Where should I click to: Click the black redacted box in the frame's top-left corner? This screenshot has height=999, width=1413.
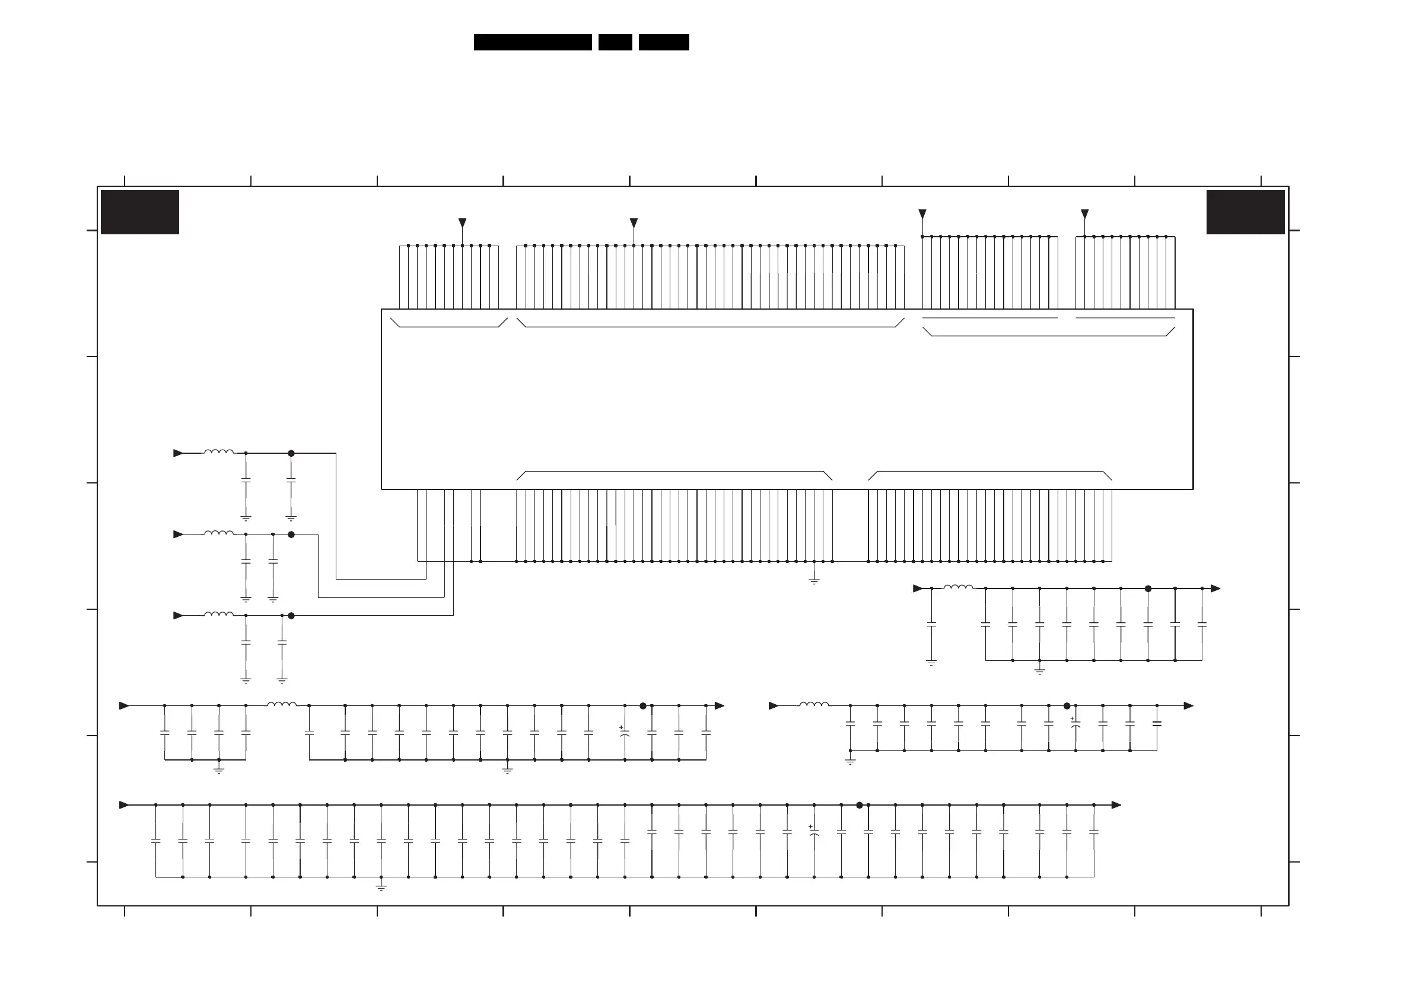coord(140,212)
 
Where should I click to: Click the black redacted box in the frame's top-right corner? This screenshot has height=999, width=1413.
coord(1245,212)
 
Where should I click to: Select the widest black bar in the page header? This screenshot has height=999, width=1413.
coord(532,42)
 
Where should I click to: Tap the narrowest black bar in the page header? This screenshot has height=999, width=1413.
coord(615,42)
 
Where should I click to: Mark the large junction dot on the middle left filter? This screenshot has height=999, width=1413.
coord(291,535)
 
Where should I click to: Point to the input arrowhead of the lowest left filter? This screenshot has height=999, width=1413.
coord(179,616)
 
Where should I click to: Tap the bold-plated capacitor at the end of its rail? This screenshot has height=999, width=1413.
coord(1156,724)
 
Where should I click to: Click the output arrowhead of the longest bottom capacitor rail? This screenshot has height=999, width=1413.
coord(1116,805)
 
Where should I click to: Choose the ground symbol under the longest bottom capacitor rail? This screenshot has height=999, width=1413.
coord(381,887)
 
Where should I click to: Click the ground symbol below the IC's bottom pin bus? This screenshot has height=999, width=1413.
coord(814,580)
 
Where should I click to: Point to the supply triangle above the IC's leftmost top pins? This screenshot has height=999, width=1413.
coord(462,223)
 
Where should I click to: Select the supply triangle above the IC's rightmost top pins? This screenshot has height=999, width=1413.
coord(1084,214)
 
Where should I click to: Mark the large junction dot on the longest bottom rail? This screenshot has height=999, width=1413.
coord(859,805)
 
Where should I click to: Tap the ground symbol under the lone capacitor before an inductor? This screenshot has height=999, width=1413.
coord(931,663)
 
